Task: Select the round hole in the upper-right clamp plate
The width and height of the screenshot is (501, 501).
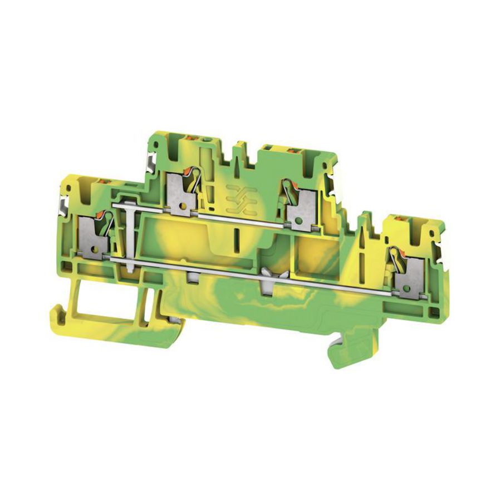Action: point(301,221)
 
